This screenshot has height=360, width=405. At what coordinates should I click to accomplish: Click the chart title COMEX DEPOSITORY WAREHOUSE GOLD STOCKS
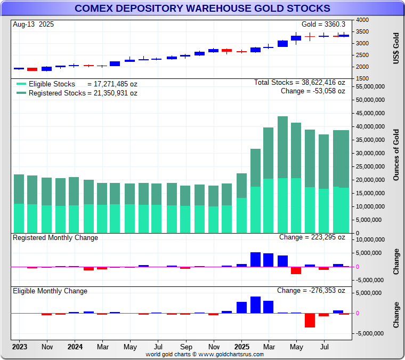pyautogui.click(x=202, y=9)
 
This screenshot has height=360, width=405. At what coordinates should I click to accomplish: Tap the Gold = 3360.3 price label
pyautogui.click(x=323, y=25)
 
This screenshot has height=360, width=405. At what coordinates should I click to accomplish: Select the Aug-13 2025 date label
pyautogui.click(x=33, y=25)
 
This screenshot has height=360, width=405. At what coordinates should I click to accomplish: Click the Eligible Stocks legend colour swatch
pyautogui.click(x=21, y=84)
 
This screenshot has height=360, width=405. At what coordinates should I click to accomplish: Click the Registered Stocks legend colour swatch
pyautogui.click(x=21, y=93)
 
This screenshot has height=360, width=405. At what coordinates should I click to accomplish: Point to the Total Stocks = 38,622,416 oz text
pyautogui.click(x=299, y=83)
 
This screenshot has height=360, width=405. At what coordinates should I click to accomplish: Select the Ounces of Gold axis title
pyautogui.click(x=396, y=155)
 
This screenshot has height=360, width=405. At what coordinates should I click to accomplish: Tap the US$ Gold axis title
pyautogui.click(x=396, y=49)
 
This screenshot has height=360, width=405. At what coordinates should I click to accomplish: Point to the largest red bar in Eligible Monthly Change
pyautogui.click(x=310, y=320)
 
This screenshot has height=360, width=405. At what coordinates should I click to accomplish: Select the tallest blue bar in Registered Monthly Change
pyautogui.click(x=255, y=259)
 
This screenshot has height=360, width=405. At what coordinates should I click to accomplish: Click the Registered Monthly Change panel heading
pyautogui.click(x=55, y=238)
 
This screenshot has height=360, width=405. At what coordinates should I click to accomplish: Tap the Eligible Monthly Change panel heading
pyautogui.click(x=50, y=291)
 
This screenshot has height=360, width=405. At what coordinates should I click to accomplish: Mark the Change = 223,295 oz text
pyautogui.click(x=312, y=238)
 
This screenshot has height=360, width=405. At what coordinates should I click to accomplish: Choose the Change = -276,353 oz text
pyautogui.click(x=311, y=291)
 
